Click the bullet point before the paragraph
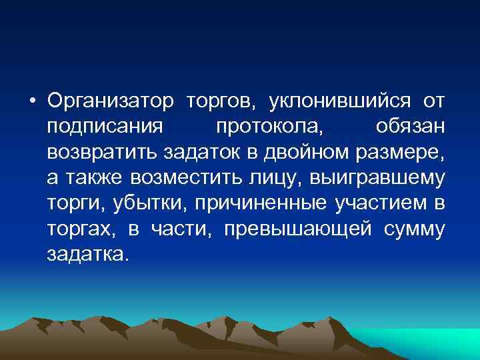pos(32,102)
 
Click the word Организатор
pos(111,101)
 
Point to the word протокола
pos(269,127)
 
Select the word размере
pos(394,153)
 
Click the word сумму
pos(414,229)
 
